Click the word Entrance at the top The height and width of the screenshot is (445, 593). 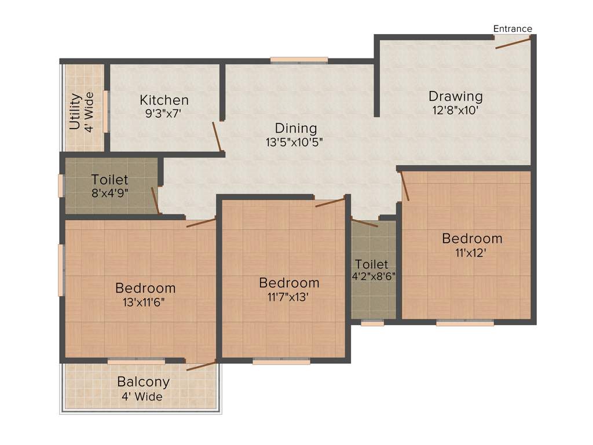coord(513,29)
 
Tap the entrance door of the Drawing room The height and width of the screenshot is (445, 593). coord(513,42)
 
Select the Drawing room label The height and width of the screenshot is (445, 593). coord(455,96)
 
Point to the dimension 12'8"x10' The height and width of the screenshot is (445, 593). coord(455,110)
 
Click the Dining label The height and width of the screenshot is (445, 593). coord(296,128)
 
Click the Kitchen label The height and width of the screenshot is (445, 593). coord(164,100)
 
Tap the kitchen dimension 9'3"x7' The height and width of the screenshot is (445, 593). coord(164,114)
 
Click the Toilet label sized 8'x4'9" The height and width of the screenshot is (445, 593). coord(109,180)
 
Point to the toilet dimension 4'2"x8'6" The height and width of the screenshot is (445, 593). coord(374,276)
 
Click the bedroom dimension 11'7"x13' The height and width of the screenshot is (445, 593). coord(289,297)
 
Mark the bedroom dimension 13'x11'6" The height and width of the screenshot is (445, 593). coord(145,301)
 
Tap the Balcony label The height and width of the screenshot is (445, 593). coord(143,382)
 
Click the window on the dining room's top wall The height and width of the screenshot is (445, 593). coord(299,60)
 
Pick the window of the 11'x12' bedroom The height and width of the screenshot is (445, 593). coord(465,323)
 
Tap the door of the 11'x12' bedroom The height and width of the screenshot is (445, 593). coord(405,186)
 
